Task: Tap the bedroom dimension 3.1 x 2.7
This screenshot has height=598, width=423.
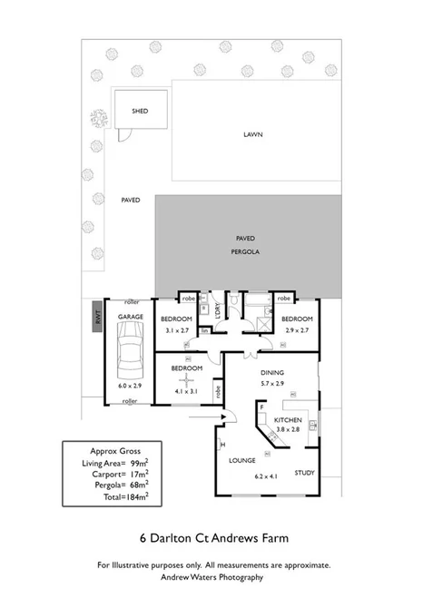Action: [176, 331]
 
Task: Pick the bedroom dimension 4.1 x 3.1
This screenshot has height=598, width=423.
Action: [187, 391]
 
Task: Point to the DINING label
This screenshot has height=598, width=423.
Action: [273, 373]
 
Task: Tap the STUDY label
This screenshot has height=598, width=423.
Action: [304, 472]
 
